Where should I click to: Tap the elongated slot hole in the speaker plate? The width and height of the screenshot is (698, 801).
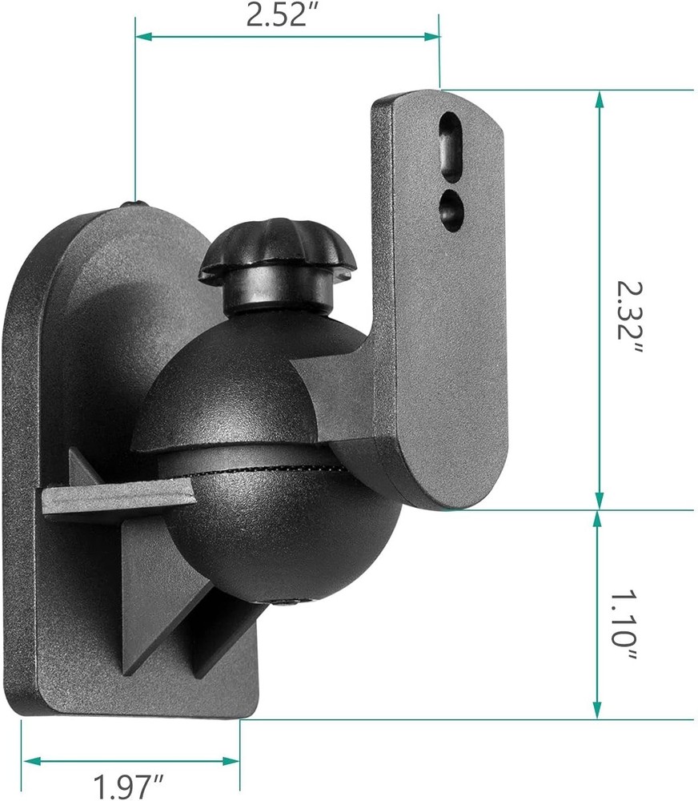tap(451, 142)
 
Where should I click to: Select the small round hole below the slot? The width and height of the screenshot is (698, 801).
tap(451, 207)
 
